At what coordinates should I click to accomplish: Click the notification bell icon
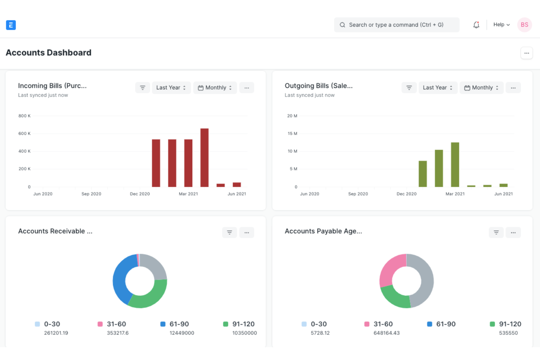click(476, 25)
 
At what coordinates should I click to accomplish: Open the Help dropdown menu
click(501, 25)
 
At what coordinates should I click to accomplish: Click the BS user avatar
click(524, 25)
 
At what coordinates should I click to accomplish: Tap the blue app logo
click(11, 25)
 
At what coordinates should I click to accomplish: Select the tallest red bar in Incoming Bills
click(204, 158)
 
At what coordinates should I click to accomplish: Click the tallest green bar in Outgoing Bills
click(455, 164)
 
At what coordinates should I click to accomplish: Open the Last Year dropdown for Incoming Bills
click(171, 88)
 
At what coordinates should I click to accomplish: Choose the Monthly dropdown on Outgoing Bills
click(481, 88)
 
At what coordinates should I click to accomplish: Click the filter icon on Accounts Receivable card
click(229, 232)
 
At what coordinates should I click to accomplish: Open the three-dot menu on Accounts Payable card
click(513, 232)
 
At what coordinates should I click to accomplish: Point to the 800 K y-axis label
click(24, 116)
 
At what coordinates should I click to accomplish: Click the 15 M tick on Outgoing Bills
click(292, 133)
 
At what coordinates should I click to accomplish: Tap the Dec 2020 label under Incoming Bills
click(140, 194)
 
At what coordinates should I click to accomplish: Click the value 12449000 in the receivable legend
click(182, 333)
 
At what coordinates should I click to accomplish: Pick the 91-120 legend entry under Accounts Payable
click(510, 324)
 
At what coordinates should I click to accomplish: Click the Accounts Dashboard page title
click(49, 53)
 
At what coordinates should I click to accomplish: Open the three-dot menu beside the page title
click(526, 53)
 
